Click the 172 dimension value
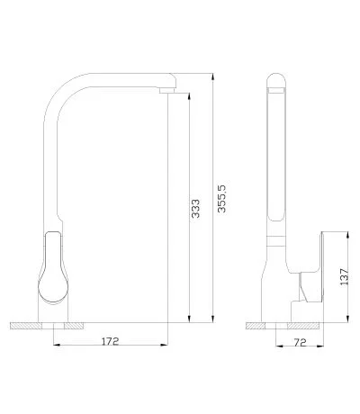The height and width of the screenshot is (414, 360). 111,341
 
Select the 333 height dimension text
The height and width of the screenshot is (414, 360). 195,209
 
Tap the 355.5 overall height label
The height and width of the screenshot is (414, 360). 221,199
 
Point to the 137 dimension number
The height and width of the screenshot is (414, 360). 344,276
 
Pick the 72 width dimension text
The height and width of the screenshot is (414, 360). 300,342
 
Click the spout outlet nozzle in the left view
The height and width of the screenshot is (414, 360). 166,90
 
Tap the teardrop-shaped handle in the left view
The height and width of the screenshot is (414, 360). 53,266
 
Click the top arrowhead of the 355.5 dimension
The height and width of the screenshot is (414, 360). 212,76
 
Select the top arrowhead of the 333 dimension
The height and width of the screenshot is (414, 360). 189,96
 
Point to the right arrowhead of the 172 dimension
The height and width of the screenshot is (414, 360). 164,345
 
